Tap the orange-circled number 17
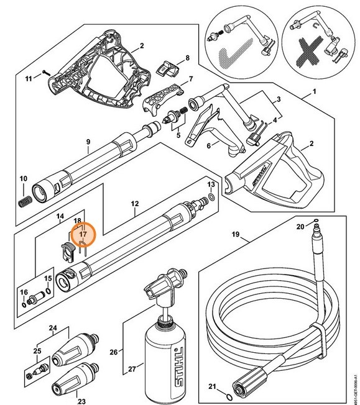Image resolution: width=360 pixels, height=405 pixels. click(x=83, y=234)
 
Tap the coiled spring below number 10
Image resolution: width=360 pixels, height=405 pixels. click(x=25, y=202)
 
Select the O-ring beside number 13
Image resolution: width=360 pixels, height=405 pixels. click(x=213, y=199)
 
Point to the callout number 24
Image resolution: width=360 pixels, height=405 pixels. click(x=53, y=327)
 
